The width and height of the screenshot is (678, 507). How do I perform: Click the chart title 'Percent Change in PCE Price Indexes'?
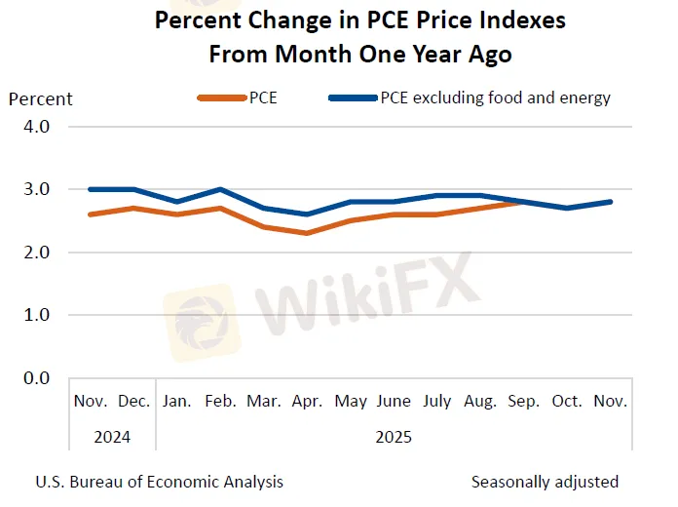[360, 20]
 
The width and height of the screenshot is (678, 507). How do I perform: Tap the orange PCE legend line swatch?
[221, 97]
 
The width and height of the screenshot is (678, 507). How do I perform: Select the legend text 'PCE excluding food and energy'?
[495, 97]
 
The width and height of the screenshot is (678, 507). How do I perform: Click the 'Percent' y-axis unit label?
[41, 98]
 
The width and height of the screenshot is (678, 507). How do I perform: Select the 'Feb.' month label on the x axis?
[220, 402]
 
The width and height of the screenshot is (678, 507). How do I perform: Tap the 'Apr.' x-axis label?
[307, 402]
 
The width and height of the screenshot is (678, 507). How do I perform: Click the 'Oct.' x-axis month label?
[567, 402]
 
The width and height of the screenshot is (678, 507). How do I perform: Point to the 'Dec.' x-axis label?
[133, 402]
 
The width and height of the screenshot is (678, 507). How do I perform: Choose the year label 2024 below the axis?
[112, 437]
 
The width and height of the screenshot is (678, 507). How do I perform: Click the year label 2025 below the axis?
[394, 437]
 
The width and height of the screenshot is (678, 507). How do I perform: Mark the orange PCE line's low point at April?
[307, 233]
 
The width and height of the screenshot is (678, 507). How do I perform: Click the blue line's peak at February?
[220, 189]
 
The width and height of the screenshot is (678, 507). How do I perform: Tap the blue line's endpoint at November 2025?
[610, 202]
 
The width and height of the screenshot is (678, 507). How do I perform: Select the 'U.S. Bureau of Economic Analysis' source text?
[160, 482]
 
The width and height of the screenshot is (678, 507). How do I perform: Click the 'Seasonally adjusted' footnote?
[545, 482]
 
